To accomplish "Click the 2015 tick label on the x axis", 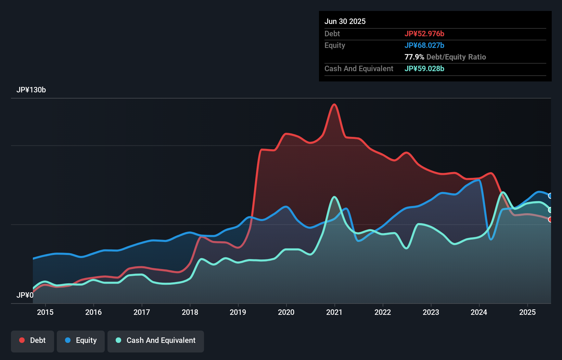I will [45, 312].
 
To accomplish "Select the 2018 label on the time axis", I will [190, 312].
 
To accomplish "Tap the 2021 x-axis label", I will [334, 312].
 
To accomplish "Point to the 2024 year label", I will [479, 312].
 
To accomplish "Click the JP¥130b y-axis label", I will [31, 90].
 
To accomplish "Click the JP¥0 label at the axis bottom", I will [25, 295].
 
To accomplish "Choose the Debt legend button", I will [33, 340].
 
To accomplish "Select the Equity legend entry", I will [81, 340].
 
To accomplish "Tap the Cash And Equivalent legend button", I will [156, 340].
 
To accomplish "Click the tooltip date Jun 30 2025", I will [345, 21].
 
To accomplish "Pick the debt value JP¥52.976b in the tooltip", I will [424, 34].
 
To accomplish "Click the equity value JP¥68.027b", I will [424, 45].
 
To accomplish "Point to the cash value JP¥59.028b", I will [424, 68].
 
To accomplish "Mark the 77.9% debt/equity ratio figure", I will [414, 57].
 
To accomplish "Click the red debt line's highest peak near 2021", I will [334, 104].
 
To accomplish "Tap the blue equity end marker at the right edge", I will [550, 196].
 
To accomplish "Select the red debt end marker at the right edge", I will [550, 219].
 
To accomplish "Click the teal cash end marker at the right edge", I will [550, 210].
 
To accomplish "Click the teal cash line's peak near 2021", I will [334, 197].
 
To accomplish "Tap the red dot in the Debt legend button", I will [22, 340].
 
